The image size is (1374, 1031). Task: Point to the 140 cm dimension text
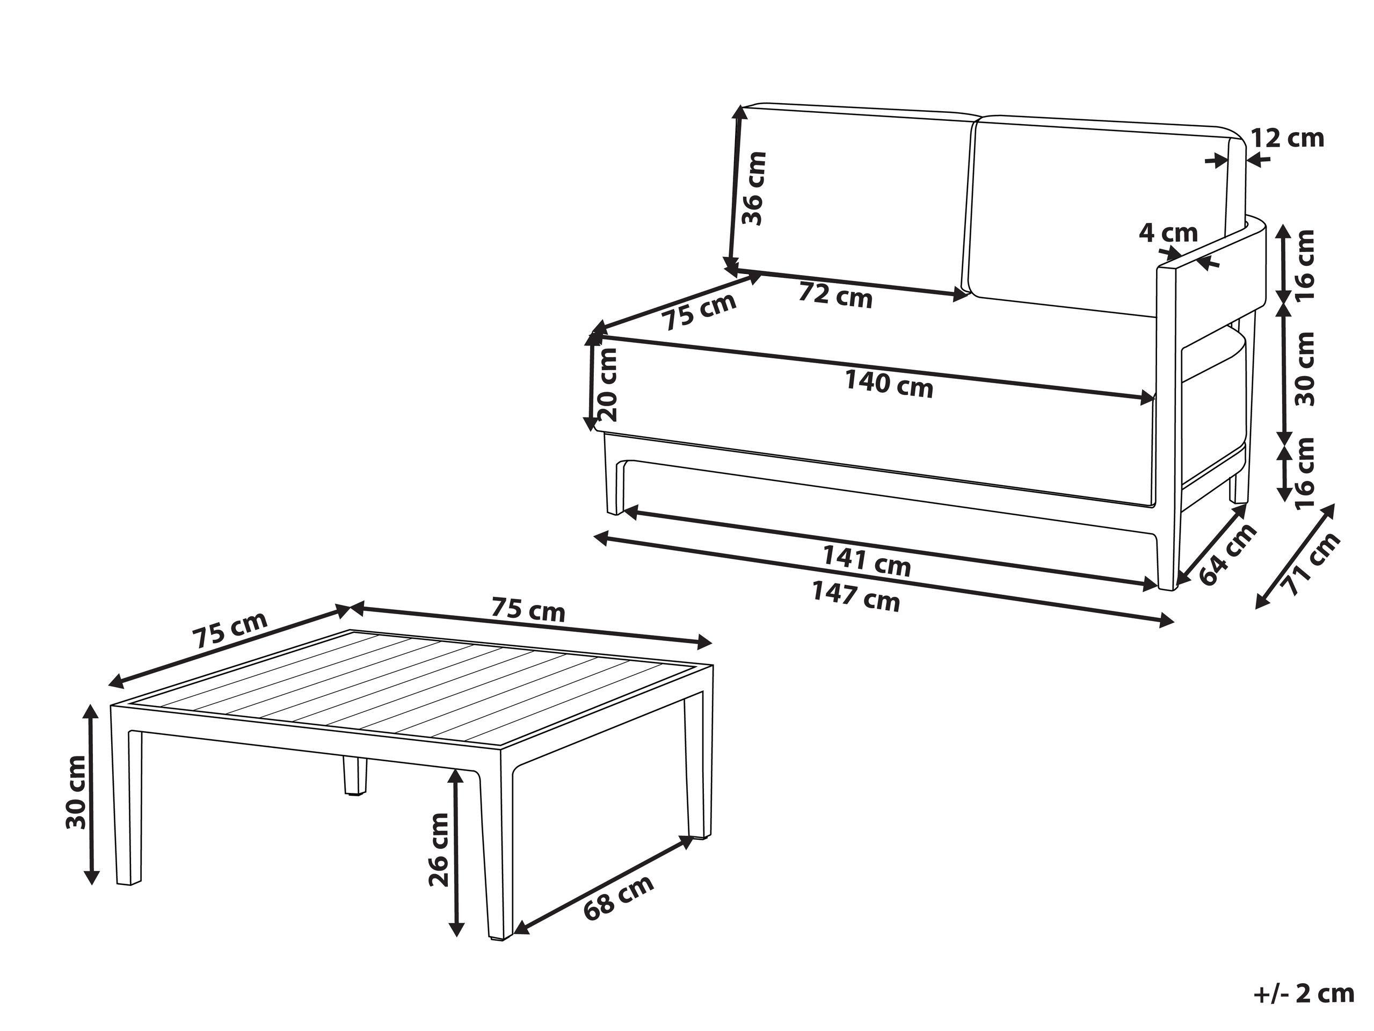[x=889, y=384]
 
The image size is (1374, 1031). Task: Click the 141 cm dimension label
[x=867, y=560]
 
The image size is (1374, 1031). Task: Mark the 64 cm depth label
[x=1227, y=555]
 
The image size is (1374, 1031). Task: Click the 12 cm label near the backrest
[x=1288, y=138]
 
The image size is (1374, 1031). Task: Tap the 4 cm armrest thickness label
[x=1168, y=233]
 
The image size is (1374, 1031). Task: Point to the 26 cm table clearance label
[x=439, y=849]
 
